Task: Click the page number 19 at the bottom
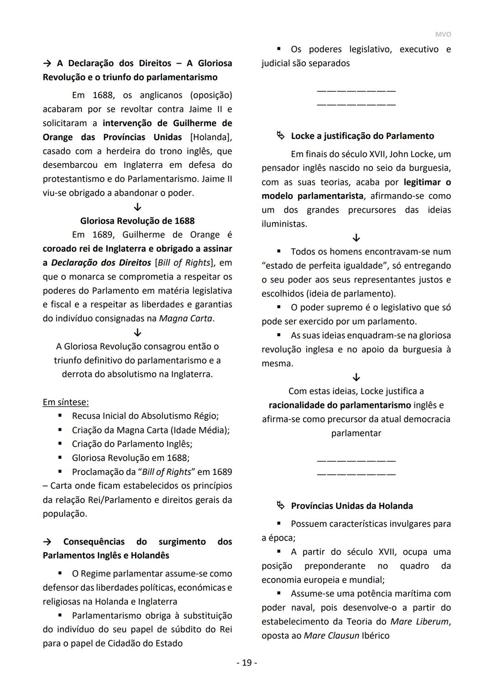(246, 662)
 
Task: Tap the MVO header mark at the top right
(442, 35)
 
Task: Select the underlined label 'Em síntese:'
(66, 402)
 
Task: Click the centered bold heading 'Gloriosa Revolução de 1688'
(137, 221)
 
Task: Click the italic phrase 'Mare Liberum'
(420, 621)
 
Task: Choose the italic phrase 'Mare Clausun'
(331, 635)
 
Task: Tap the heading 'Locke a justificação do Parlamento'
(362, 136)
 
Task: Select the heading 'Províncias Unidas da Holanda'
(351, 506)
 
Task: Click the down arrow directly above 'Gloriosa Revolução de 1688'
(137, 207)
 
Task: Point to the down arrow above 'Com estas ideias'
(357, 377)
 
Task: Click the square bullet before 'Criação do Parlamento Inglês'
(60, 444)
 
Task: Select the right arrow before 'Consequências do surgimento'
(47, 542)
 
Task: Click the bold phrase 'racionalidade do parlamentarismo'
(340, 405)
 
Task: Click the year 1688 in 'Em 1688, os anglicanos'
(104, 95)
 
